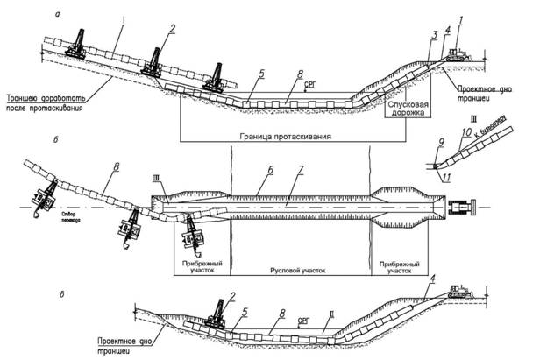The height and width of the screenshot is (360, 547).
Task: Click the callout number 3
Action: [433, 34]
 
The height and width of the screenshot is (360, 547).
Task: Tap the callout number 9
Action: [442, 141]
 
